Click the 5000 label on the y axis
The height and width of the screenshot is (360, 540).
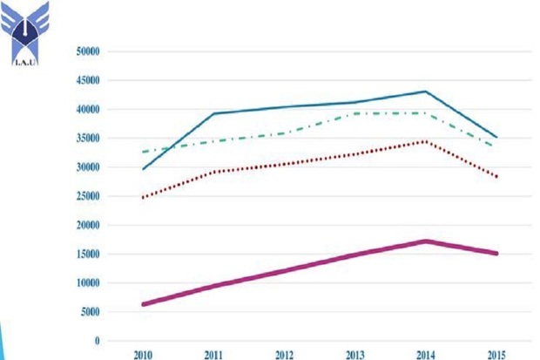click(91, 312)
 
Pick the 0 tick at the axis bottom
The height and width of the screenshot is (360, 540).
click(98, 341)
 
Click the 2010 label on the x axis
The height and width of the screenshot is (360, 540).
click(144, 355)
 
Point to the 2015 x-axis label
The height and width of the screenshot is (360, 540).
click(496, 355)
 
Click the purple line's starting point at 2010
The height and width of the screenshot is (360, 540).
click(144, 304)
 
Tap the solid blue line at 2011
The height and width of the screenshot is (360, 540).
click(215, 113)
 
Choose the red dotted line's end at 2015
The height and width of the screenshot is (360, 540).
click(496, 177)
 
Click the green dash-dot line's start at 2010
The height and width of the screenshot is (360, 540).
click(144, 152)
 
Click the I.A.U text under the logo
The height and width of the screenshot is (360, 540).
click(26, 62)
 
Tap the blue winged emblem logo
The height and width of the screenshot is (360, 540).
click(26, 28)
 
